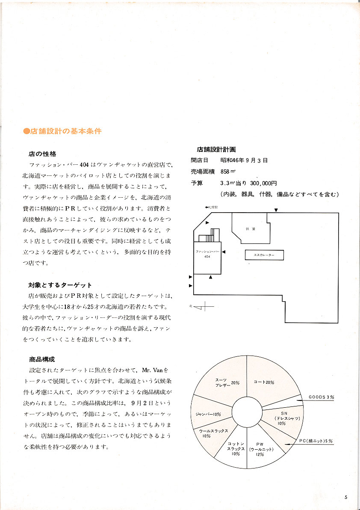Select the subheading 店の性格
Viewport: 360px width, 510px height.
42,154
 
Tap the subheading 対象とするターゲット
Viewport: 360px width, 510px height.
60,285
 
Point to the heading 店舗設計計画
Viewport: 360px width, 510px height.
216,150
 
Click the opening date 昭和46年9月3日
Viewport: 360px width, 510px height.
244,160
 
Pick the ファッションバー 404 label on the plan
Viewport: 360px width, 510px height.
207,254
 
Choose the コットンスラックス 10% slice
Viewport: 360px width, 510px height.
236,448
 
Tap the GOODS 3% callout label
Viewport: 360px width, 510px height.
322,397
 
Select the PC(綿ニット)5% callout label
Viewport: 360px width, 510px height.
315,441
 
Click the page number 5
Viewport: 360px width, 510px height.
345,497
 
